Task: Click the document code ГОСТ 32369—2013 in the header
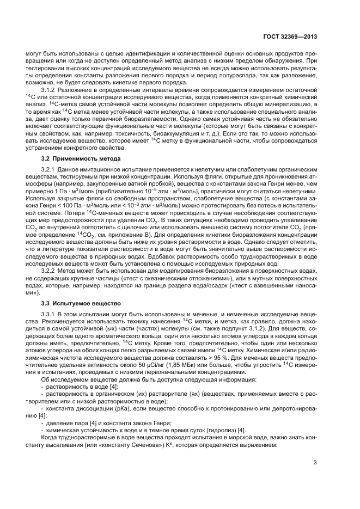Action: click(289, 37)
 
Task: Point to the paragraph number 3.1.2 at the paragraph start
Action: click(50, 89)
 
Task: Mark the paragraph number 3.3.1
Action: click(50, 314)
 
